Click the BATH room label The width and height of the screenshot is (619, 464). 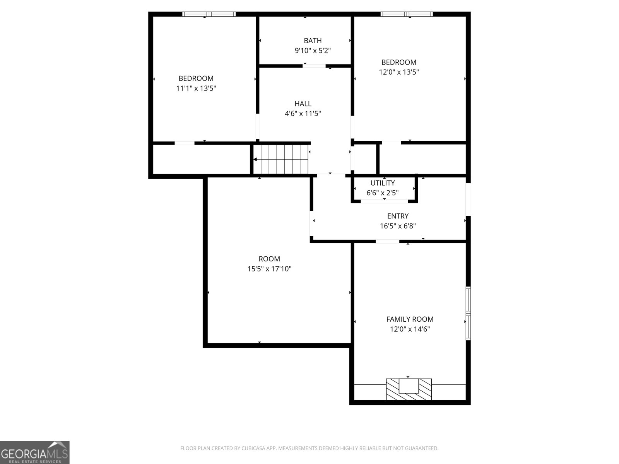pos(313,41)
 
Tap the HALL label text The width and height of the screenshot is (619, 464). pos(303,104)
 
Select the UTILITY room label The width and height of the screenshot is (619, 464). pos(382,183)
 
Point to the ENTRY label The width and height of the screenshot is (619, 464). pos(398,216)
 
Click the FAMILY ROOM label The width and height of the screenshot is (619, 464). pos(410,319)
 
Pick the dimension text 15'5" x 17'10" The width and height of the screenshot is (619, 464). pos(269,268)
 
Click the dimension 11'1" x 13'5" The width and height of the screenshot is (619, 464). pos(196,88)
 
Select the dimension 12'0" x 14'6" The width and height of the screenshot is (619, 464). pos(410,329)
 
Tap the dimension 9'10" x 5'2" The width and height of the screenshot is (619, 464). pos(313,50)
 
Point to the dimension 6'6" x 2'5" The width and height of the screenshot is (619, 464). pos(382,193)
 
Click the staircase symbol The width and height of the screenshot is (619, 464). pos(281,159)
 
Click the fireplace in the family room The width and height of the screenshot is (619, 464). pos(409,389)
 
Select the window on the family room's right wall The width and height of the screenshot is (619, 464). pos(468,313)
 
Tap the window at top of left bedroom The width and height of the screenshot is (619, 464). pos(209,14)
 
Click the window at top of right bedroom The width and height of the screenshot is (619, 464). pos(406,14)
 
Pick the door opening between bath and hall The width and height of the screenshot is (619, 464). pos(314,66)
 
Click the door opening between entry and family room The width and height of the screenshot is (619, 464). pos(387,241)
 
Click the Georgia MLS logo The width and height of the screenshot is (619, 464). pos(35,452)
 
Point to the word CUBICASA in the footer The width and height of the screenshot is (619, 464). pos(253,448)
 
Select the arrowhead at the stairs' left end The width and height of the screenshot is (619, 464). pos(255,159)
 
